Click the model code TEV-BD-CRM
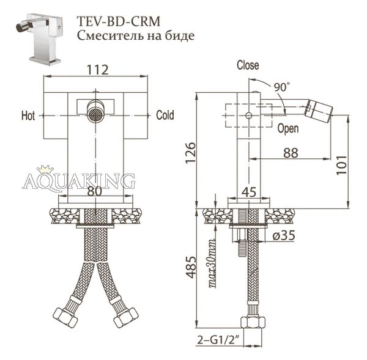click(x=119, y=21)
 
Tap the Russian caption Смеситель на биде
click(x=136, y=36)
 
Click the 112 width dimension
click(x=97, y=70)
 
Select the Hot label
click(x=28, y=116)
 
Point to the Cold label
click(x=165, y=115)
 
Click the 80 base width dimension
click(x=95, y=191)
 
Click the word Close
click(x=248, y=65)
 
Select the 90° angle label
click(x=282, y=87)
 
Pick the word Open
click(x=288, y=128)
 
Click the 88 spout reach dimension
click(x=291, y=153)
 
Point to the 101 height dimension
click(x=341, y=164)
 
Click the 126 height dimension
click(x=190, y=152)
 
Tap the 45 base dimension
click(x=249, y=193)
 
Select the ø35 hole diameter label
click(x=284, y=235)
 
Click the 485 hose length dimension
click(x=191, y=267)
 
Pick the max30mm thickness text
click(x=212, y=263)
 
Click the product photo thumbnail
click(x=40, y=38)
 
